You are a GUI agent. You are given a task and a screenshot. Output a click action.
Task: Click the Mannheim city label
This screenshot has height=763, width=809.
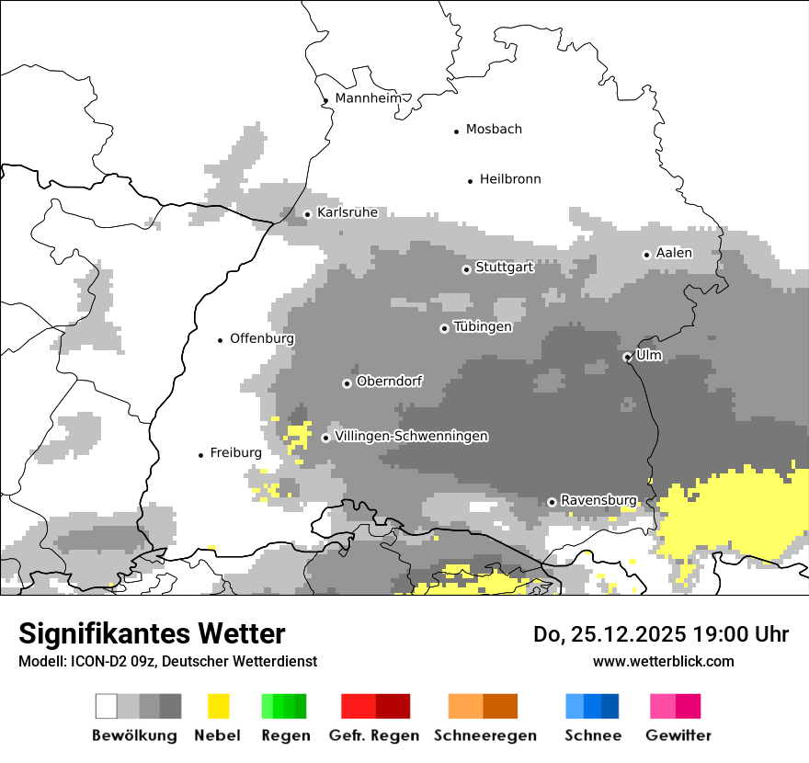[x=369, y=98]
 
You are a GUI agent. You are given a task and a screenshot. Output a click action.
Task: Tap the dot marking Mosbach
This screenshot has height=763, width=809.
[x=456, y=131]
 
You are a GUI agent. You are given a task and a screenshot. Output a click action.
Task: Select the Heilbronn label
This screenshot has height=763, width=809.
[x=510, y=179]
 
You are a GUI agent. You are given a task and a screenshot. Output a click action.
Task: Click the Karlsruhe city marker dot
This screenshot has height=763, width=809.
[x=307, y=214]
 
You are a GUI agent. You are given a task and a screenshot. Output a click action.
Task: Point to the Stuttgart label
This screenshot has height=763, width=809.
[x=504, y=268]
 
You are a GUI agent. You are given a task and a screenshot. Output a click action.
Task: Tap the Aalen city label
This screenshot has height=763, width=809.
[x=674, y=253]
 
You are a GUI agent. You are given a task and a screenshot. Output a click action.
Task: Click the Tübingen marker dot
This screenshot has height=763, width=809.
[x=444, y=328]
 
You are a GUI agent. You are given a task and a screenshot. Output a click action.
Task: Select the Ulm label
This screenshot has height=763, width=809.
[x=648, y=355]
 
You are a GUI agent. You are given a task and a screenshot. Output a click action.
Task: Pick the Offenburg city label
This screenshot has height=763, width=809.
[x=262, y=338]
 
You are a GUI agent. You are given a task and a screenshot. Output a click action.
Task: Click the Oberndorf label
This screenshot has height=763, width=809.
[x=390, y=381]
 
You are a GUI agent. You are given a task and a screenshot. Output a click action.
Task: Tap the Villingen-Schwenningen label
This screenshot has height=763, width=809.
[x=412, y=436]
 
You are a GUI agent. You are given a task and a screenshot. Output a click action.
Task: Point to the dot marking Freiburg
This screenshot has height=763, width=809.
[x=200, y=455]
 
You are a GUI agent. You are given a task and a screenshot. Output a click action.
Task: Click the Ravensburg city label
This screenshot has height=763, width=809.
[x=598, y=500]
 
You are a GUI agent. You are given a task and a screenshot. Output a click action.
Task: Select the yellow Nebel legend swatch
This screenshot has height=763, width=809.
[x=218, y=706]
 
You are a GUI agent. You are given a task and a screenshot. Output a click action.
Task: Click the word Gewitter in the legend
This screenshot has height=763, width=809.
[x=678, y=735]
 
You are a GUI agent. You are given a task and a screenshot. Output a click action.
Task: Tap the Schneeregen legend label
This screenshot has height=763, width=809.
[x=484, y=735]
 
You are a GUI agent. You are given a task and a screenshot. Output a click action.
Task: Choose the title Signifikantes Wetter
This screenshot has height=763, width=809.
[x=152, y=633]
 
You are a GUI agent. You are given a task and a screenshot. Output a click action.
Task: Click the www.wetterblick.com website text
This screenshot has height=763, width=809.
[x=663, y=661]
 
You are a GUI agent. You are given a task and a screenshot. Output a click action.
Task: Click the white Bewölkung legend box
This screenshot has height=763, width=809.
[x=107, y=706]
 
